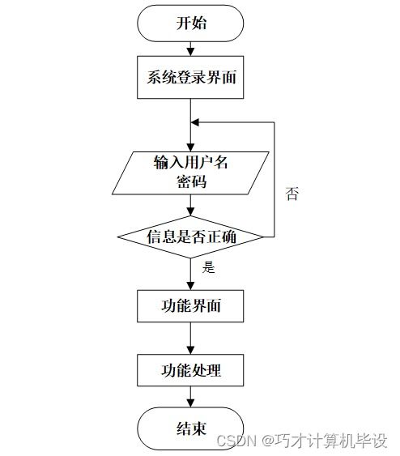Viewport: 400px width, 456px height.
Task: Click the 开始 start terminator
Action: click(191, 23)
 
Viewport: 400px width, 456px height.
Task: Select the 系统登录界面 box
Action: click(191, 78)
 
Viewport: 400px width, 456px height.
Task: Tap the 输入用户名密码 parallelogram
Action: click(191, 172)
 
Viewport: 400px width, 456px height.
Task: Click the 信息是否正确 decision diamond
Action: click(191, 237)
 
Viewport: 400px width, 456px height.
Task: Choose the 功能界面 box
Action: click(191, 306)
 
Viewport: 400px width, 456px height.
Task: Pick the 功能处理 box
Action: click(191, 370)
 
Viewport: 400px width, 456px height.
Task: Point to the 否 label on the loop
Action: click(291, 194)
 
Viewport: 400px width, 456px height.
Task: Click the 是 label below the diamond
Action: click(209, 267)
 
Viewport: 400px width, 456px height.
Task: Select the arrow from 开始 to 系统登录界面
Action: click(191, 50)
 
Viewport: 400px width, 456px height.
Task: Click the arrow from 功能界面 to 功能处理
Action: click(191, 339)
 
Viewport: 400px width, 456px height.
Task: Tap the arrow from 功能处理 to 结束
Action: click(191, 397)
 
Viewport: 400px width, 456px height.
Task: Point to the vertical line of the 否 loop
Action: click(274, 178)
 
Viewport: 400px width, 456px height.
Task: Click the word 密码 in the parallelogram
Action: click(192, 181)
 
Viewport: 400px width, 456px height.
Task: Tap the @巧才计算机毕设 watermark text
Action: click(324, 440)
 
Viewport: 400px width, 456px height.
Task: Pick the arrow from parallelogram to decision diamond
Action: click(191, 206)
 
